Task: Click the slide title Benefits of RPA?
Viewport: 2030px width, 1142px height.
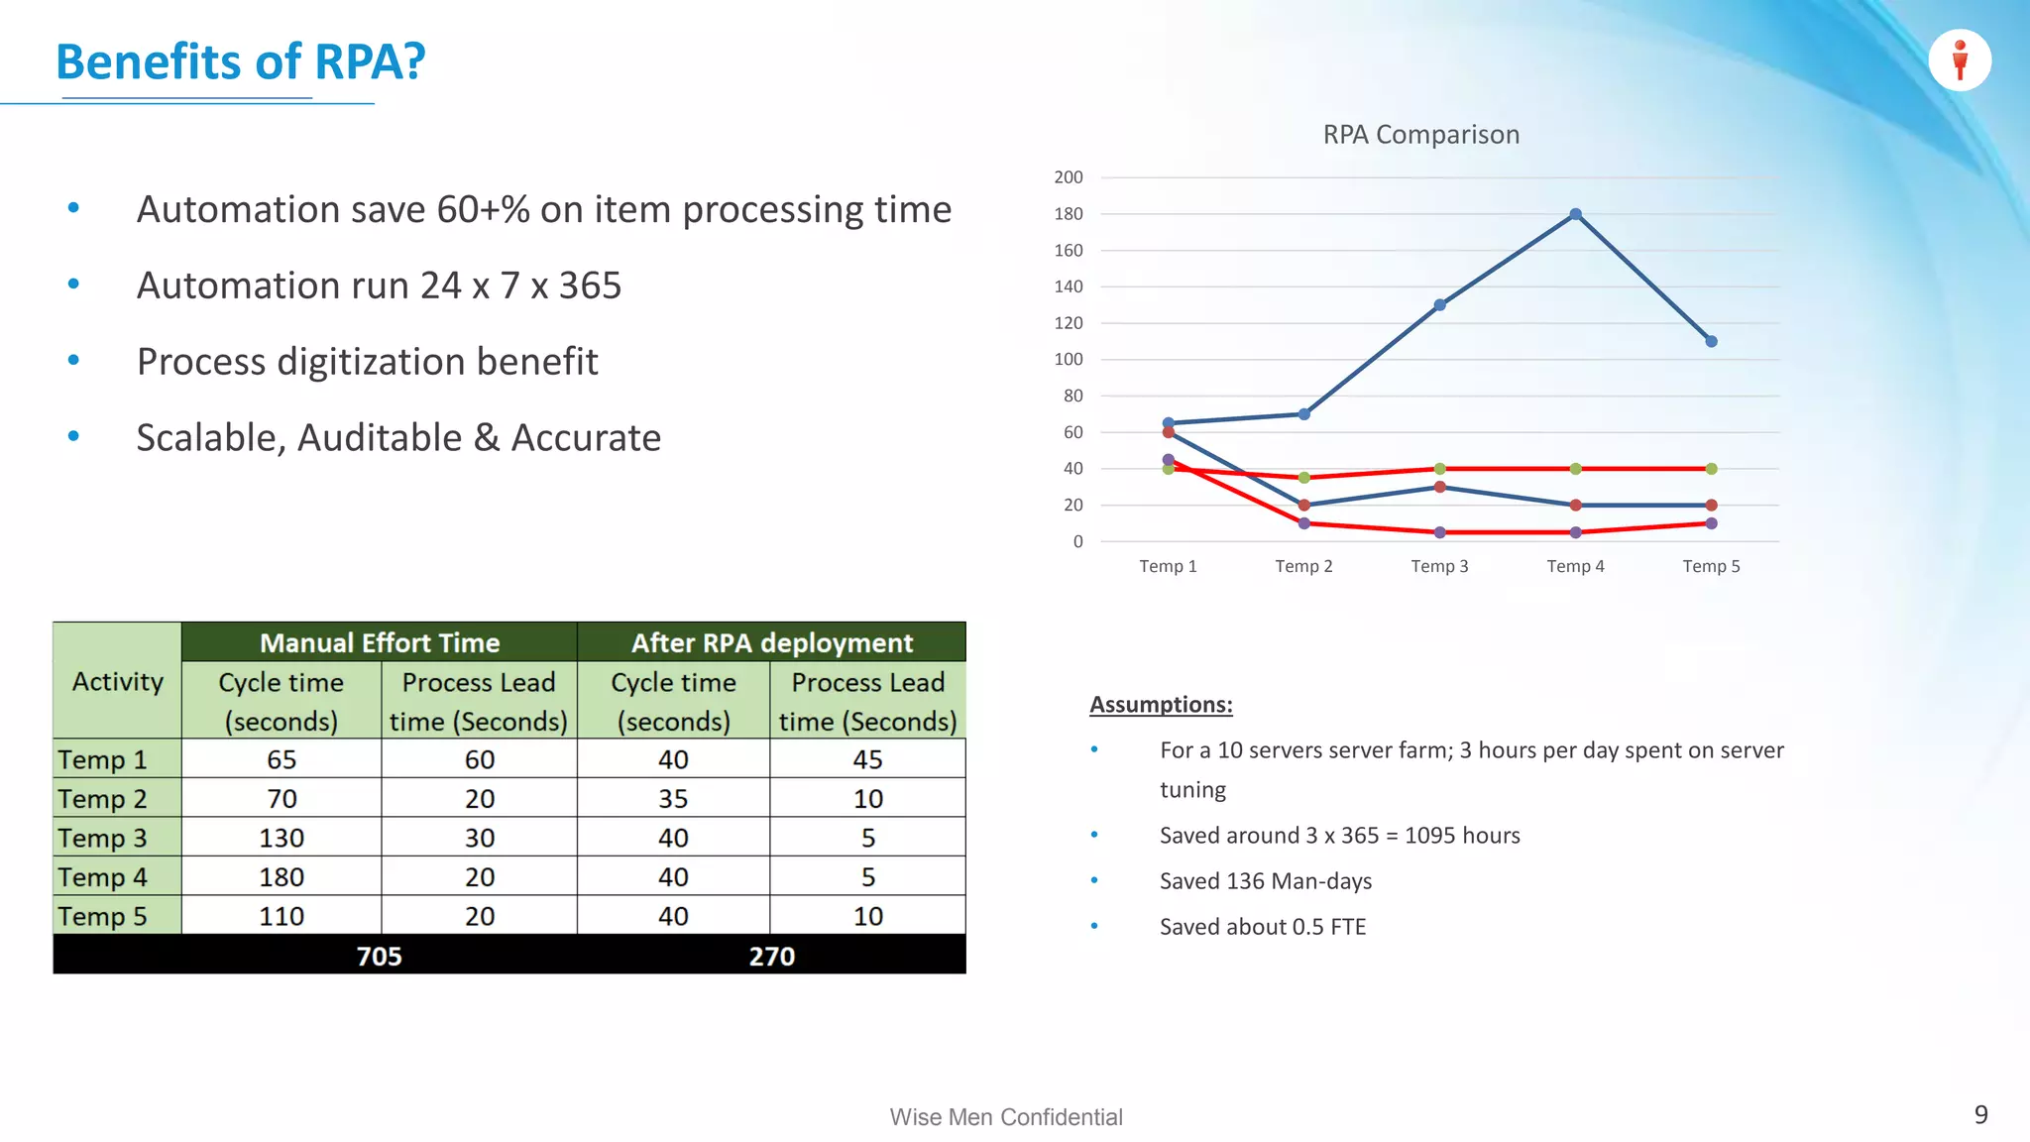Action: tap(240, 61)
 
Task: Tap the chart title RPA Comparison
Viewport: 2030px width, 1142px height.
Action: tap(1420, 135)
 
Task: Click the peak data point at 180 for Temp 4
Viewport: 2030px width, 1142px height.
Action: tap(1575, 214)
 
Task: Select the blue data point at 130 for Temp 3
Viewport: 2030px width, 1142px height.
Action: tap(1439, 305)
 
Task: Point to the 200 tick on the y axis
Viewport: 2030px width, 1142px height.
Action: tap(1069, 177)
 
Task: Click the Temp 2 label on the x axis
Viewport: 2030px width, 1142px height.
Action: tap(1303, 566)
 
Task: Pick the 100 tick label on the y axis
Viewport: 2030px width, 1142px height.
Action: tap(1069, 359)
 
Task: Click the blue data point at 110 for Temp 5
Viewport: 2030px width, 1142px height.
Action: tap(1711, 341)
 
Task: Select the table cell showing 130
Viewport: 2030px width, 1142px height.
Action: tap(282, 838)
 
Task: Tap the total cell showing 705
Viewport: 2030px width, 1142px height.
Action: tap(379, 956)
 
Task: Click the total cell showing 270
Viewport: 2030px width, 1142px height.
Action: tap(771, 956)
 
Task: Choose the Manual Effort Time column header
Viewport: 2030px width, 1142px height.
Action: tap(380, 642)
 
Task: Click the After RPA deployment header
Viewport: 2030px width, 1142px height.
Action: tap(771, 642)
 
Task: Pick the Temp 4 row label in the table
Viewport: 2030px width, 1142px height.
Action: tap(103, 877)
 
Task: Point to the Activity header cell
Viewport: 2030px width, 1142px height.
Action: tap(117, 682)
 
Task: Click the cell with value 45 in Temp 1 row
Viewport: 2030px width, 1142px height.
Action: tap(867, 759)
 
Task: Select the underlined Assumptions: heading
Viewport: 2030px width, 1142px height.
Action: tap(1161, 705)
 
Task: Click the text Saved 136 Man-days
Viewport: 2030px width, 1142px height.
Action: tap(1266, 881)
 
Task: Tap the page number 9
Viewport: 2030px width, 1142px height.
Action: tap(1980, 1114)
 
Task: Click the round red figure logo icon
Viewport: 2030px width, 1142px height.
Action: tap(1959, 60)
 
